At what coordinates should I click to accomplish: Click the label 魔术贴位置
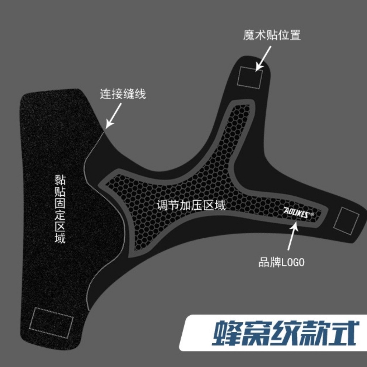(272, 35)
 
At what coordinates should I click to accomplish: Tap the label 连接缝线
(123, 94)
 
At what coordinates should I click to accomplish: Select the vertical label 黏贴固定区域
(60, 209)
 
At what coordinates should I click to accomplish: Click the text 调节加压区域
(191, 205)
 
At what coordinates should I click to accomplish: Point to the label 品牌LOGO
(282, 262)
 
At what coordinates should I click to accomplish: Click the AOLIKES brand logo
(297, 213)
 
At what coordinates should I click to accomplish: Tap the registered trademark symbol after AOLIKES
(312, 214)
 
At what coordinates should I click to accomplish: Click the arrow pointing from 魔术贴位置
(263, 58)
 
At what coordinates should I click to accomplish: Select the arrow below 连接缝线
(114, 116)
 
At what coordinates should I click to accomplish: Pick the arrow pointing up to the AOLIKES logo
(292, 235)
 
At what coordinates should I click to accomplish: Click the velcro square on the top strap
(250, 78)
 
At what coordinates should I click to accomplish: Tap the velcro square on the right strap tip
(346, 221)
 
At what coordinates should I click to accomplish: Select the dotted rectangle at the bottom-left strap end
(51, 323)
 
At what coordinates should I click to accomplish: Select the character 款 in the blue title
(314, 333)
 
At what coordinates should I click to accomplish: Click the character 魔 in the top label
(249, 35)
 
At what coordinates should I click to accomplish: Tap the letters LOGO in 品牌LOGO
(293, 262)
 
